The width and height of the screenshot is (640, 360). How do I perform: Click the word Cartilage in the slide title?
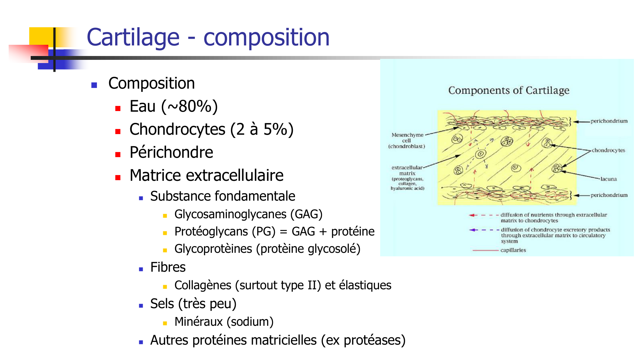pyautogui.click(x=133, y=37)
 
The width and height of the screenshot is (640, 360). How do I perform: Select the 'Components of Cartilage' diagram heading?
pyautogui.click(x=509, y=91)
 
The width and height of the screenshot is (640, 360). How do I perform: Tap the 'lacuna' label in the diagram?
pyautogui.click(x=608, y=179)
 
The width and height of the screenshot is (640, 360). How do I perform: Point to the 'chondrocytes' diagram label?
pyautogui.click(x=608, y=150)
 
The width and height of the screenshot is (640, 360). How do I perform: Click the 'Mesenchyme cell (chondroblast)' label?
pyautogui.click(x=407, y=140)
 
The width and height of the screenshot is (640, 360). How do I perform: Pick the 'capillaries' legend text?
pyautogui.click(x=513, y=250)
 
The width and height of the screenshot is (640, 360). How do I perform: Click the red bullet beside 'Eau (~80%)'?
pyautogui.click(x=118, y=108)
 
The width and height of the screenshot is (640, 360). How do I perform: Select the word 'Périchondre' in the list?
pyautogui.click(x=171, y=152)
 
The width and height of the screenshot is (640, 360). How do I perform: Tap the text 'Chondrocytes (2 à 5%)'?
pyautogui.click(x=212, y=130)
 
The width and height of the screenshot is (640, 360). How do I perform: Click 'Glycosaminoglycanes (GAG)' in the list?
pyautogui.click(x=248, y=214)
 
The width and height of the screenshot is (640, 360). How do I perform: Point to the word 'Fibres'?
pyautogui.click(x=168, y=267)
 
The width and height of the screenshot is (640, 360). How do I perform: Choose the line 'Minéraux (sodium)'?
pyautogui.click(x=224, y=322)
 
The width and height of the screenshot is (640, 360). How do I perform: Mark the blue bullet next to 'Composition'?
pyautogui.click(x=94, y=85)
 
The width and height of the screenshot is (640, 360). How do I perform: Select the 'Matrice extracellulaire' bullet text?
pyautogui.click(x=206, y=175)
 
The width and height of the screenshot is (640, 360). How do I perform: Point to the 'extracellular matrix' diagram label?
pyautogui.click(x=407, y=178)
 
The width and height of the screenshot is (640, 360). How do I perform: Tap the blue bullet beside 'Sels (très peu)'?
pyautogui.click(x=141, y=306)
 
